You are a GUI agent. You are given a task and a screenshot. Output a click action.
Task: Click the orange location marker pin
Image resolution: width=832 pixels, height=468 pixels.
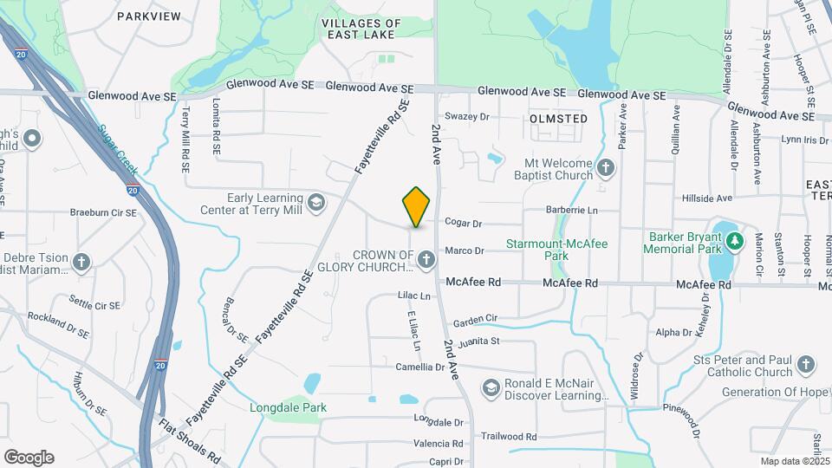[417, 206]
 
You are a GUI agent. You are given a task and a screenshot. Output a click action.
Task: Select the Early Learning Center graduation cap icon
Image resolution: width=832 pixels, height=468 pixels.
[317, 202]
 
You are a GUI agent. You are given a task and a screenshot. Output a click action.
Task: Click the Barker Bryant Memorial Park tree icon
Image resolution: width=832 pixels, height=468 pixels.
[735, 240]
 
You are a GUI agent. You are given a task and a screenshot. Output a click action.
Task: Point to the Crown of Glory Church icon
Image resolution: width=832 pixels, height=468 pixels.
[426, 259]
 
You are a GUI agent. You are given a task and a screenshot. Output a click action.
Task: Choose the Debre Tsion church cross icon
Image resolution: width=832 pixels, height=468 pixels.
[81, 261]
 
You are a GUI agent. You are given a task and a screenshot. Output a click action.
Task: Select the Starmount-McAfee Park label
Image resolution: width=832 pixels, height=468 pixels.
[557, 250]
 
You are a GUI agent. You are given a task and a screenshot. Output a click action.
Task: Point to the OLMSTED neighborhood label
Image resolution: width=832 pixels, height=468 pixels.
[558, 119]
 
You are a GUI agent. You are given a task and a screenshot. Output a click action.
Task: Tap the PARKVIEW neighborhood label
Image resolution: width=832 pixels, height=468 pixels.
[148, 16]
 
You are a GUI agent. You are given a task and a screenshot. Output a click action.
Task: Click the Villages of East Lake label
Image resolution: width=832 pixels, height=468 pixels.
[361, 29]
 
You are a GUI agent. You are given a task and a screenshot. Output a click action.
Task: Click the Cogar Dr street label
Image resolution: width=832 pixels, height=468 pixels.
[463, 223]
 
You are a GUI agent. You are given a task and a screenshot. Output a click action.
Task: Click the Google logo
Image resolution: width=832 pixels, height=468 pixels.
[29, 458]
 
